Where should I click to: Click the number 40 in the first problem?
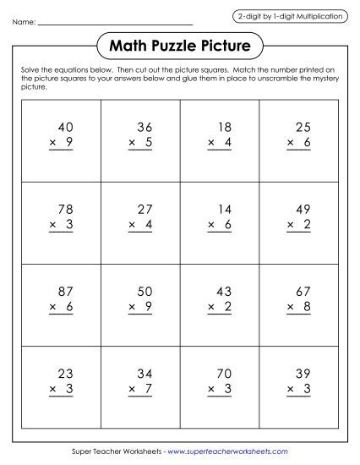click(64, 128)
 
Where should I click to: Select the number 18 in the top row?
click(223, 128)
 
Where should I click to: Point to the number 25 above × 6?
click(303, 128)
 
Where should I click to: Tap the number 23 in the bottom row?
click(64, 373)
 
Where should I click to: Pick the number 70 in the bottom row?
click(223, 373)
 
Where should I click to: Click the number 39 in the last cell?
click(303, 373)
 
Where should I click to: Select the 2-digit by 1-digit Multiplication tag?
click(290, 16)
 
